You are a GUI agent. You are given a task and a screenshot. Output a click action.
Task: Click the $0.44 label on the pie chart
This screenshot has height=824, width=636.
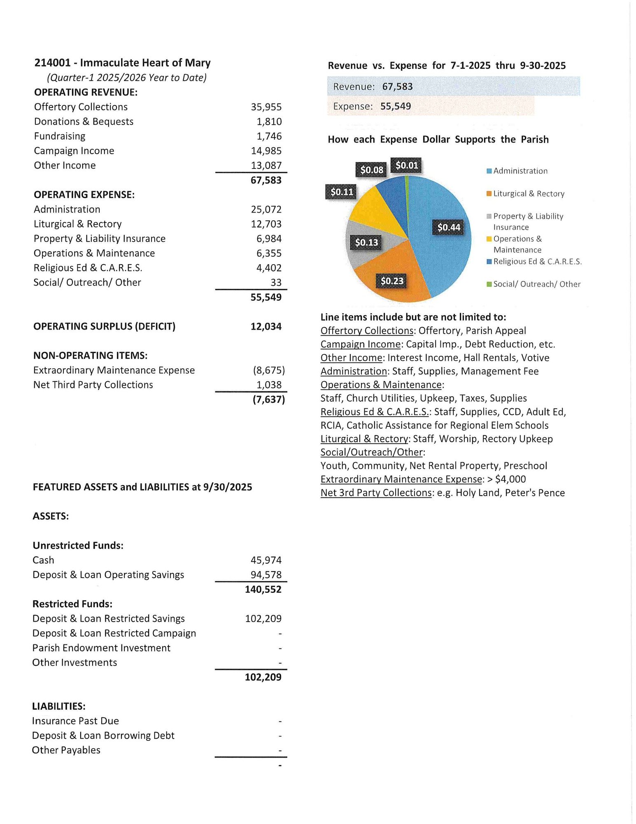coord(448,227)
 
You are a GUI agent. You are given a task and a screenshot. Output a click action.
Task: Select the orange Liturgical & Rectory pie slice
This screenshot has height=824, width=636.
coord(395,268)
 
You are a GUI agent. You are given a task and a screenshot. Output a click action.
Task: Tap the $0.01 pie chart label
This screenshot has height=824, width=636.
coord(407,166)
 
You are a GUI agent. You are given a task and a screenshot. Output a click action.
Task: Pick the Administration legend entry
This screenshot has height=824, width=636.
coord(520,171)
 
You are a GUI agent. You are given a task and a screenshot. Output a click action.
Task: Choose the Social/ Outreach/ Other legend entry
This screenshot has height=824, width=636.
coord(536,284)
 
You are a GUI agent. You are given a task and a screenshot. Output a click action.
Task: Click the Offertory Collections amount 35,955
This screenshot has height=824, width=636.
coord(266,107)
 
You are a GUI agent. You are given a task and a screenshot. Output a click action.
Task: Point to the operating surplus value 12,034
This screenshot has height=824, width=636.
coord(266,327)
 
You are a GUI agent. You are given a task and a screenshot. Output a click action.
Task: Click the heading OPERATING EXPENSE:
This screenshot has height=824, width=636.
coord(84,195)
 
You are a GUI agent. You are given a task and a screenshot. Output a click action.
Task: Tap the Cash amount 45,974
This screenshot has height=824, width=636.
coord(266,560)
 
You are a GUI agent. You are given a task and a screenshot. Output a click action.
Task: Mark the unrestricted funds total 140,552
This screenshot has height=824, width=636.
coord(263,590)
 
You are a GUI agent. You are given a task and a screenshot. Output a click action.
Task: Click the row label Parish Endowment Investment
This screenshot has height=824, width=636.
coord(101,648)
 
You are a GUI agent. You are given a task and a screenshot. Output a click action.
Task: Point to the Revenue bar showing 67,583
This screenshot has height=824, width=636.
coord(453,87)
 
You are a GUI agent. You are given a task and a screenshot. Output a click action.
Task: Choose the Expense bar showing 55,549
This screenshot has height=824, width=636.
coord(431,106)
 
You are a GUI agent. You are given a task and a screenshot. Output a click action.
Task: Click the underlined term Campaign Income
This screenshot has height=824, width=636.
coord(361,344)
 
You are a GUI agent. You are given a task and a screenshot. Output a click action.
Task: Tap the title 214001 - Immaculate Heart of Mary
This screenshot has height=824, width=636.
coord(122,63)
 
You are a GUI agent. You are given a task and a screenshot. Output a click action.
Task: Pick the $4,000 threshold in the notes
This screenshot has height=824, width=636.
coord(510,480)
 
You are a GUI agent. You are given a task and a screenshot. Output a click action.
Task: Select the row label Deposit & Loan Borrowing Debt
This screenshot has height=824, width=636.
coord(103,736)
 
